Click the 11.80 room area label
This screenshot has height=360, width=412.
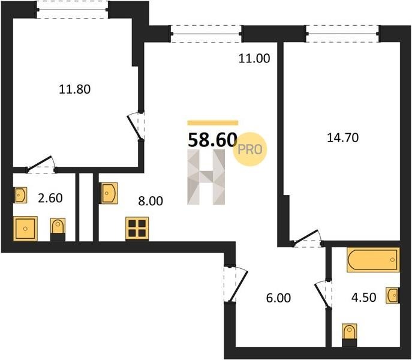coord(74,89)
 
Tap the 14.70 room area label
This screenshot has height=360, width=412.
coord(342,138)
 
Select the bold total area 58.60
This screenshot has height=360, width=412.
coord(212,140)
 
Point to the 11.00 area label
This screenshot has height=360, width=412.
coord(254,58)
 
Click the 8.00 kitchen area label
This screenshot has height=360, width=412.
coord(151,201)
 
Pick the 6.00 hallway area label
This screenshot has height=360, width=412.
coord(278,298)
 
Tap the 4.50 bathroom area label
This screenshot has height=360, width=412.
coord(364,298)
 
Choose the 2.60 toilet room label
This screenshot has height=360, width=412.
coord(50,198)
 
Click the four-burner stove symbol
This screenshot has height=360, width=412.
coord(137,229)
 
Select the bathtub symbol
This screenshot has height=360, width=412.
coord(373,260)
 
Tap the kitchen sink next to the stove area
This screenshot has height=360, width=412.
coord(109,193)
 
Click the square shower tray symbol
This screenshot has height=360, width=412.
coord(25,229)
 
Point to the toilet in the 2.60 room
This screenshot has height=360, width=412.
coord(58,229)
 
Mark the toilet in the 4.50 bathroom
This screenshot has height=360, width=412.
coord(350,335)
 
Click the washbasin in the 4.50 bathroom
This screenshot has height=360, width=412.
coord(393,295)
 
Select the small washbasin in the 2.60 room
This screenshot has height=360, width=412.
coord(20,195)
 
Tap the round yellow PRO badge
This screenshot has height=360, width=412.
coord(249,149)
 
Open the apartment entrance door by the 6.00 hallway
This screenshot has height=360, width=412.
coord(235,284)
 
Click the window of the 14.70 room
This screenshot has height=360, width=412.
coord(342,34)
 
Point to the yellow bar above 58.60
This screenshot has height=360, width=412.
coord(212,123)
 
